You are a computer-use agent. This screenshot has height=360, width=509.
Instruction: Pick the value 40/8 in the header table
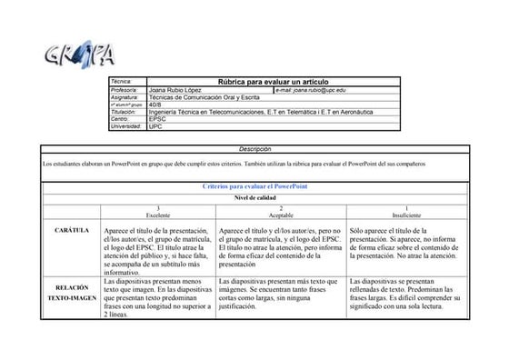[155, 105]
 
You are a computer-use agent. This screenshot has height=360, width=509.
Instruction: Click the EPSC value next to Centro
[157, 118]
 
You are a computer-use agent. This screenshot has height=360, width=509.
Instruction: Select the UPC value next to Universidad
[155, 125]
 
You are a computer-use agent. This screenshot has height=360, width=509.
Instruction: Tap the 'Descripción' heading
[254, 148]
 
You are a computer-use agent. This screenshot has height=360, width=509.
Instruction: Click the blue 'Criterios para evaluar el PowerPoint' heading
[254, 185]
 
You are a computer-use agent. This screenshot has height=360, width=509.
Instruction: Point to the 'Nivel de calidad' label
[254, 196]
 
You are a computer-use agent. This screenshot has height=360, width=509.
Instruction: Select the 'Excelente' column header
[158, 214]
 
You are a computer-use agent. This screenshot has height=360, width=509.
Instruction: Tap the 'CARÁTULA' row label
[70, 231]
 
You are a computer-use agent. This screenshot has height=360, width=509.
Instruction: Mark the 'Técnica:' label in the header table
[122, 82]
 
